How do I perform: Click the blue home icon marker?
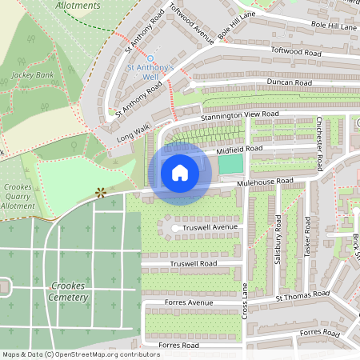pyautogui.click(x=180, y=173)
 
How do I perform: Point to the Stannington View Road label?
pyautogui.click(x=240, y=115)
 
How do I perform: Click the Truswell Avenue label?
pyautogui.click(x=211, y=228)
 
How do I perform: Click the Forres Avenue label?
pyautogui.click(x=190, y=303)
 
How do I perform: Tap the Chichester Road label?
pyautogui.click(x=319, y=142)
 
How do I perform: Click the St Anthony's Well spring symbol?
pyautogui.click(x=150, y=58)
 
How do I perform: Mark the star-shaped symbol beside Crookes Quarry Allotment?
pyautogui.click(x=100, y=192)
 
